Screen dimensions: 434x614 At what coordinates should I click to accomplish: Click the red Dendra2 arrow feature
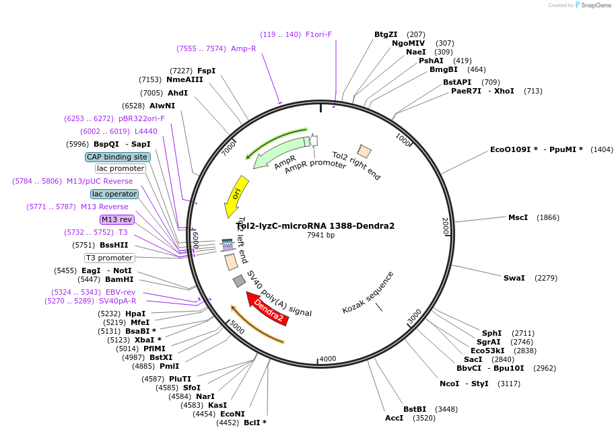268,310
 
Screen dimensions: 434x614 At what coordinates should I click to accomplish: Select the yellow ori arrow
236,195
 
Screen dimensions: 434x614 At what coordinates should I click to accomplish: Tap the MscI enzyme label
518,217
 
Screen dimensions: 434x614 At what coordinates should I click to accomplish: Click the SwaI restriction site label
514,278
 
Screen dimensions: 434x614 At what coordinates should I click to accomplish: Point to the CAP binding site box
116,157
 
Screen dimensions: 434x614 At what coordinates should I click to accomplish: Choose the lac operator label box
114,194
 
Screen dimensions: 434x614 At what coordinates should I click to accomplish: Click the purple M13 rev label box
116,219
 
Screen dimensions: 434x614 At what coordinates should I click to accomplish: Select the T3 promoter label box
109,258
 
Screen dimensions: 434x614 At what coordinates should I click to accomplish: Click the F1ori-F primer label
318,34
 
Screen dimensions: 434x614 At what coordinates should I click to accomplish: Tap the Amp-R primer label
243,48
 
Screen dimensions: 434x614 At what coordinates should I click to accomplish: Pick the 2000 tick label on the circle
445,226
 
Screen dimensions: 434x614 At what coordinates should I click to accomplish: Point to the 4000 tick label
327,359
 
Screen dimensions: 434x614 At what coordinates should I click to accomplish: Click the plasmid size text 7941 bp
320,235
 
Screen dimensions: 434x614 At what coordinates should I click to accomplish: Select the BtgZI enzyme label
386,34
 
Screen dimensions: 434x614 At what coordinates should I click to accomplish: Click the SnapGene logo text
596,5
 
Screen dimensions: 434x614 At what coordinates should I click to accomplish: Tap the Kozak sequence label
368,292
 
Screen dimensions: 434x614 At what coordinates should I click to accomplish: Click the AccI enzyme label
394,418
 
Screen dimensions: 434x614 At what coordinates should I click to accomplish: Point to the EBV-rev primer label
121,292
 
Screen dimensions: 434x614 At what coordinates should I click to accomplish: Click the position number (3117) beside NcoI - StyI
509,384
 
